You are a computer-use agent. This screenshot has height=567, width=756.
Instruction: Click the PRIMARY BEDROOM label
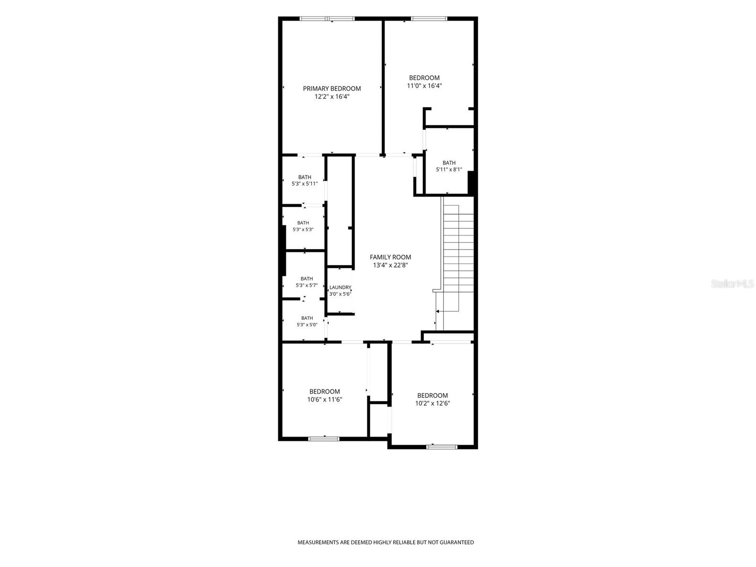332,88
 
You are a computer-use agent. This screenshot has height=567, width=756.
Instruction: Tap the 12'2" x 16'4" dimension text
332,97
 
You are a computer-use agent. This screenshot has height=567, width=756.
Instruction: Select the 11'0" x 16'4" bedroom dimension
424,86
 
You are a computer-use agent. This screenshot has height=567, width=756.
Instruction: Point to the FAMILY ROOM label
390,257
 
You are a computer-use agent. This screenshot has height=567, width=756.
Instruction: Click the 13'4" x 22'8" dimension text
391,265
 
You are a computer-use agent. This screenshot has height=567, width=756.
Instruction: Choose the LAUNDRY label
340,287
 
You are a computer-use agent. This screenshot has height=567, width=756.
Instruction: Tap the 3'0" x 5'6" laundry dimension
340,294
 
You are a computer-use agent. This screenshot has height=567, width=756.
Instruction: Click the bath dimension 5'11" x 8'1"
449,169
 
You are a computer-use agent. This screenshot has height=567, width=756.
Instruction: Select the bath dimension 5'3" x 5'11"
305,184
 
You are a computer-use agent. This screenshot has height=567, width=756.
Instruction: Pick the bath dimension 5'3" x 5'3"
303,230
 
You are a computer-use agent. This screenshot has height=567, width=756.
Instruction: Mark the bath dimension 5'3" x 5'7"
307,285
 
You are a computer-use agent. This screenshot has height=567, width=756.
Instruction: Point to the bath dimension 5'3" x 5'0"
307,325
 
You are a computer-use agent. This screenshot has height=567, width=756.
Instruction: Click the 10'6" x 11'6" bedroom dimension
325,400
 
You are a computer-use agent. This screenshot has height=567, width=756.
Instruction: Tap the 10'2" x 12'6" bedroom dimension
433,404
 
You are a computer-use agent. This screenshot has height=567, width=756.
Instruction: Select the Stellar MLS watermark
732,283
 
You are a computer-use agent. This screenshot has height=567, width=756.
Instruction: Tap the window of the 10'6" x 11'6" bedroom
324,439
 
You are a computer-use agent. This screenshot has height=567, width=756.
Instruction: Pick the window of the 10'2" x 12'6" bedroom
442,447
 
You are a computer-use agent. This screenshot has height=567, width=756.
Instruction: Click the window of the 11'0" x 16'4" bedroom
429,18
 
